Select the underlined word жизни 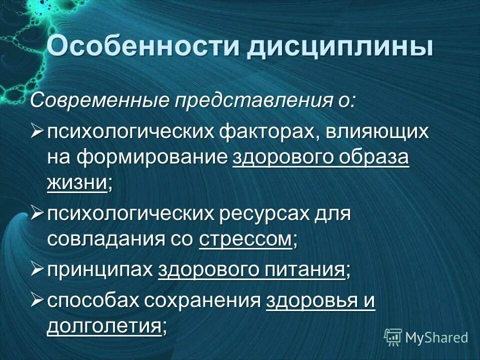pos(77,183)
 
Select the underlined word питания pos(308,270)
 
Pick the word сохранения pos(202,301)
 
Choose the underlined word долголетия pos(104,326)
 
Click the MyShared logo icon pos(393,337)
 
